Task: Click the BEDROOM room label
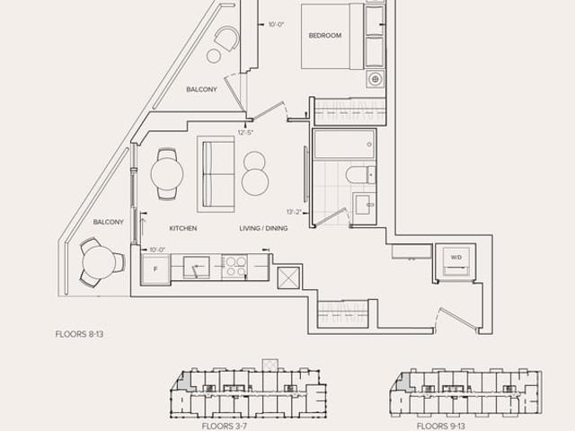pos(325,36)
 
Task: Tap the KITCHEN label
pos(183,228)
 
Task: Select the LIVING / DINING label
pos(263,228)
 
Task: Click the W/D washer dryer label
pos(456,258)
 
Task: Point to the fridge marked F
pos(155,269)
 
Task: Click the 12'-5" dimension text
pos(245,133)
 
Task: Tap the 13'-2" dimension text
pos(294,212)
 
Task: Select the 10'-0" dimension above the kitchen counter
pos(157,250)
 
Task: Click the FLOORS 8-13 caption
pos(79,334)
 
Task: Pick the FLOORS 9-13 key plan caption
pos(441,427)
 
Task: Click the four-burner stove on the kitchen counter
pos(235,267)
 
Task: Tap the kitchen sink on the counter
pos(196,268)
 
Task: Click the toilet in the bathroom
pos(360,174)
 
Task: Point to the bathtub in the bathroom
pos(344,145)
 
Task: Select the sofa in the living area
pos(216,174)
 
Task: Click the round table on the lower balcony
pos(99,262)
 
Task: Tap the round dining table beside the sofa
pos(167,174)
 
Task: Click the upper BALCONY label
pos(201,90)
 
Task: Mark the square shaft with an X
pos(288,278)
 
